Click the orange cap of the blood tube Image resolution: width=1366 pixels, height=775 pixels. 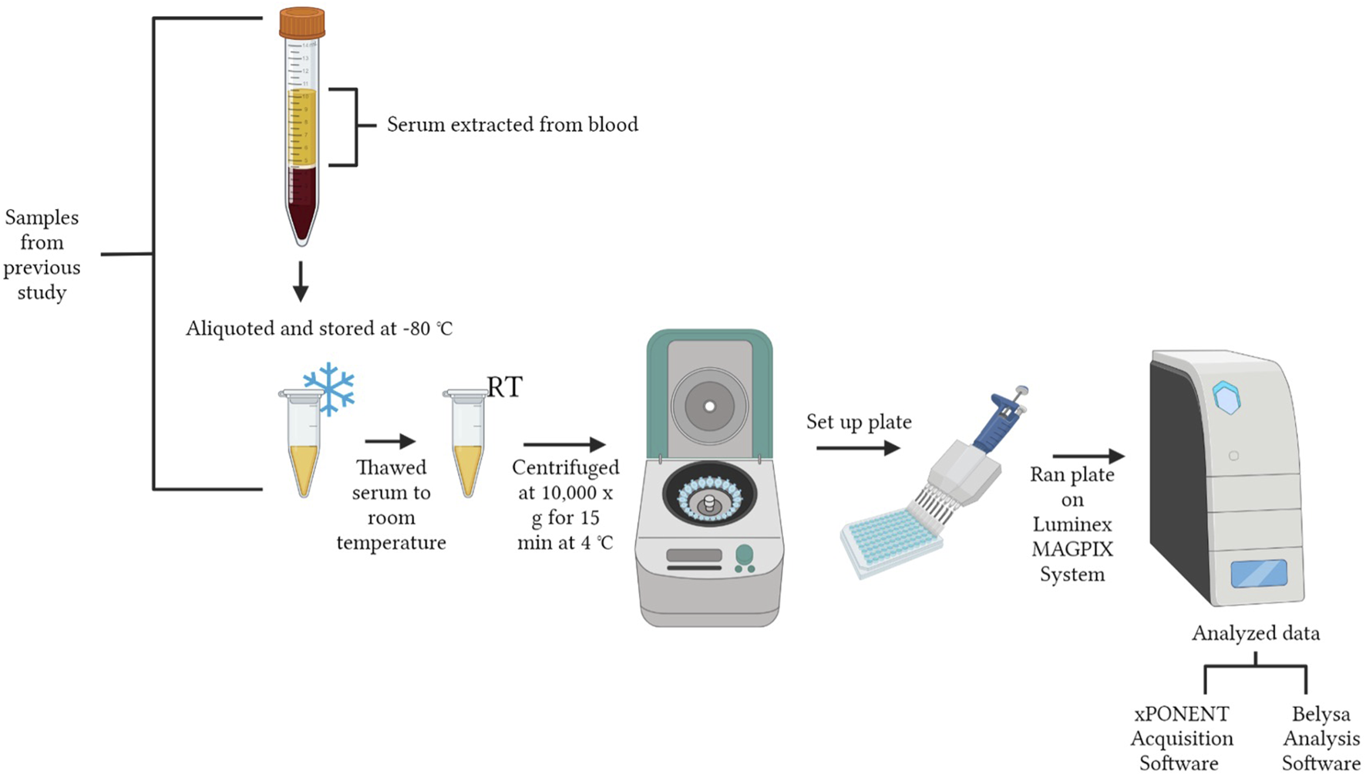[x=301, y=23]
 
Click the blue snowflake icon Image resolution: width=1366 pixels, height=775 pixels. [x=329, y=388]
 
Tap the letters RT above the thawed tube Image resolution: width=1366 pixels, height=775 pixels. [x=505, y=387]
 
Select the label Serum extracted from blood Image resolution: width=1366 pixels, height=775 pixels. [x=512, y=125]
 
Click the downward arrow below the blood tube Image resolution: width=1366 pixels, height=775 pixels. [x=301, y=281]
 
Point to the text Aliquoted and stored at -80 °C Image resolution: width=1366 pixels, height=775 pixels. [x=318, y=329]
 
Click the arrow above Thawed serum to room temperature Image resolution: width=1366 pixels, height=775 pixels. [x=390, y=441]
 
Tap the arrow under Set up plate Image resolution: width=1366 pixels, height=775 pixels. [x=858, y=448]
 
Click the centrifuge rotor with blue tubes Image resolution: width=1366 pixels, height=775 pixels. [x=709, y=497]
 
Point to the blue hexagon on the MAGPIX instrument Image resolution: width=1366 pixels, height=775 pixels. [x=1226, y=398]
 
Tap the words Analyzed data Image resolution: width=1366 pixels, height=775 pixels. [x=1256, y=634]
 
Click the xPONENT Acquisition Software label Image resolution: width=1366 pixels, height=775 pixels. [x=1181, y=738]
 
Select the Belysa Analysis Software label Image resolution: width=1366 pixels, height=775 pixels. [x=1321, y=738]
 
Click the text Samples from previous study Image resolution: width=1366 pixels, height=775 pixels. [x=42, y=254]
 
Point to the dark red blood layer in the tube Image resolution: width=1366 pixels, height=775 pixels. [x=301, y=200]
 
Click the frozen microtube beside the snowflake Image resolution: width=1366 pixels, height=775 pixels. [x=302, y=447]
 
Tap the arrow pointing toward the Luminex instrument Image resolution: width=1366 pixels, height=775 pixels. [x=1088, y=457]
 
